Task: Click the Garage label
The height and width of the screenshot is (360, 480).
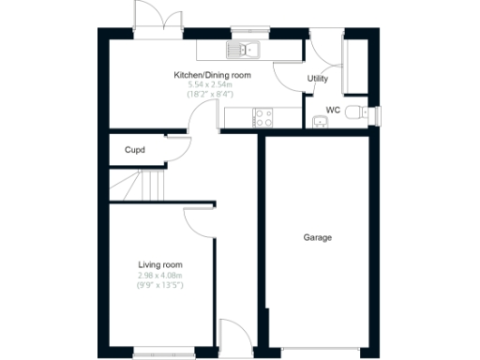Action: pyautogui.click(x=317, y=237)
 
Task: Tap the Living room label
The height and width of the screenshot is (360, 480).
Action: pyautogui.click(x=159, y=265)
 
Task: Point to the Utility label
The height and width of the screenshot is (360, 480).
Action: pyautogui.click(x=318, y=79)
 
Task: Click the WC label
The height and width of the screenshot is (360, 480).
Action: pyautogui.click(x=332, y=110)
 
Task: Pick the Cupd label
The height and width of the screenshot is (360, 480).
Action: pyautogui.click(x=134, y=149)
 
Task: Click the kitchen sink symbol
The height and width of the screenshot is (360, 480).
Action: pyautogui.click(x=242, y=49)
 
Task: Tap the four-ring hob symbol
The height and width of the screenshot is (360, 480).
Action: pyautogui.click(x=262, y=117)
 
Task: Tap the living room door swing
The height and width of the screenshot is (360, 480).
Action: pyautogui.click(x=199, y=220)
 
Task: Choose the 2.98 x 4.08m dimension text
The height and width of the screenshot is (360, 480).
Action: pyautogui.click(x=159, y=276)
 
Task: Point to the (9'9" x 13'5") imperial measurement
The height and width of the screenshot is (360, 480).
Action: pyautogui.click(x=159, y=285)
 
